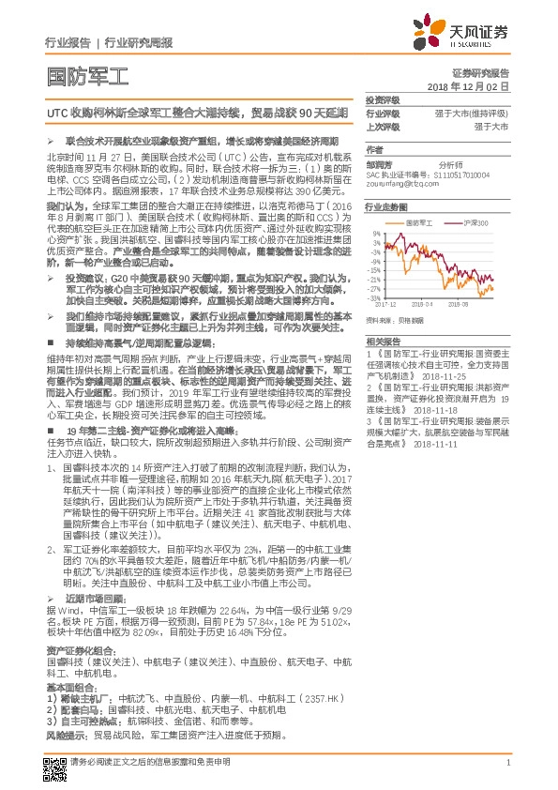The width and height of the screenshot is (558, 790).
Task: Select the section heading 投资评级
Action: (x=384, y=99)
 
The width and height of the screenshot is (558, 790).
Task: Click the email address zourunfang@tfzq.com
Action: (x=402, y=183)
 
